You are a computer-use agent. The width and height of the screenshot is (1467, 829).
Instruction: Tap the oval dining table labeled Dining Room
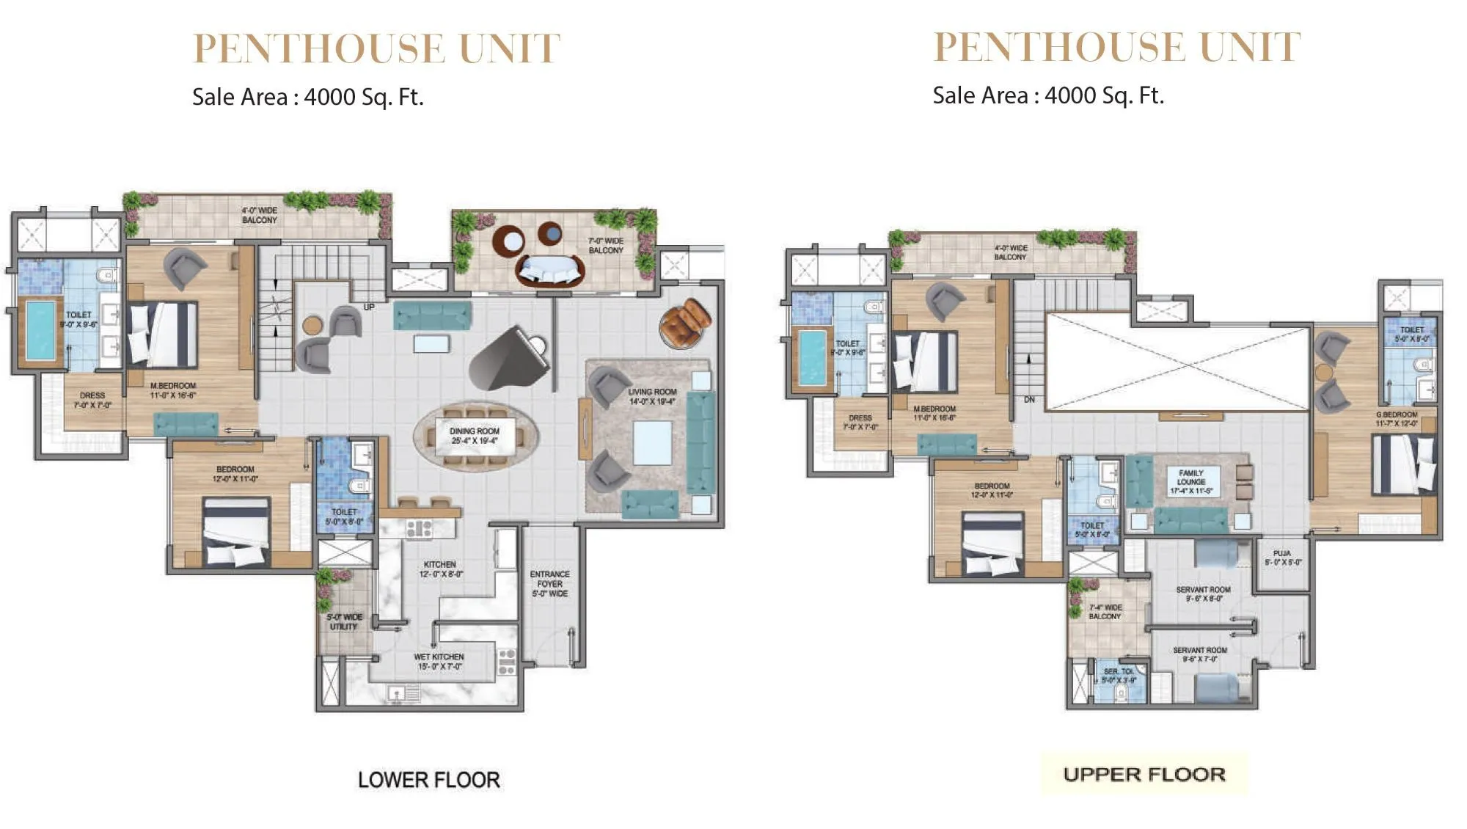pyautogui.click(x=475, y=436)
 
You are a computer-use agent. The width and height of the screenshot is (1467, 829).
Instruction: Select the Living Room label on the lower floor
pyautogui.click(x=651, y=396)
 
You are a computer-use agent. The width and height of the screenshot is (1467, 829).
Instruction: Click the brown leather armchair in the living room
pyautogui.click(x=685, y=323)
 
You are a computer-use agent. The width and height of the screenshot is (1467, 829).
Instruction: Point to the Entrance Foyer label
pyautogui.click(x=549, y=583)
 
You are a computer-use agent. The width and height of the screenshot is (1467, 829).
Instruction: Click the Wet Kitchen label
pyautogui.click(x=439, y=661)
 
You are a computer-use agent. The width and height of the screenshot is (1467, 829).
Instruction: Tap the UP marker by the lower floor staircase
pyautogui.click(x=369, y=307)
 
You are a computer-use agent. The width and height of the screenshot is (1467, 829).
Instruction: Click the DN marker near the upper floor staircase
pyautogui.click(x=1029, y=400)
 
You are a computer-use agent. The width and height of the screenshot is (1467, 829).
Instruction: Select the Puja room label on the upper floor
pyautogui.click(x=1282, y=558)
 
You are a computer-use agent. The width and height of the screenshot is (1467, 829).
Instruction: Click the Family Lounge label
pyautogui.click(x=1191, y=482)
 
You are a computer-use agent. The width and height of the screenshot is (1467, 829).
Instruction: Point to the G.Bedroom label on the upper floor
pyautogui.click(x=1397, y=419)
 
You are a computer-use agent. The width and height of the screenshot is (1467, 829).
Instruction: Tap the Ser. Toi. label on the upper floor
pyautogui.click(x=1119, y=676)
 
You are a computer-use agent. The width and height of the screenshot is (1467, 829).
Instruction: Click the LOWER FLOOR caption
pyautogui.click(x=429, y=780)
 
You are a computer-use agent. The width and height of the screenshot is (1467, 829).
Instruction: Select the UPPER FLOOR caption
pyautogui.click(x=1144, y=775)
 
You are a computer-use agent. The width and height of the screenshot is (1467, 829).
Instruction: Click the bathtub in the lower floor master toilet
pyautogui.click(x=40, y=332)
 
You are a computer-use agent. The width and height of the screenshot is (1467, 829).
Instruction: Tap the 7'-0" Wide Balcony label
pyautogui.click(x=606, y=245)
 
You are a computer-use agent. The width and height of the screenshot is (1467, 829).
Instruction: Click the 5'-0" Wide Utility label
pyautogui.click(x=344, y=621)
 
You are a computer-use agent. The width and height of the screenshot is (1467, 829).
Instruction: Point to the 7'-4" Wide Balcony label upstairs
pyautogui.click(x=1105, y=612)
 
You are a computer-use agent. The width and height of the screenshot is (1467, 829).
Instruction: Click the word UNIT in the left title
pyautogui.click(x=509, y=49)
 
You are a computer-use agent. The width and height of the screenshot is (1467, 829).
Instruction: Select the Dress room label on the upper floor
pyautogui.click(x=860, y=422)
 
